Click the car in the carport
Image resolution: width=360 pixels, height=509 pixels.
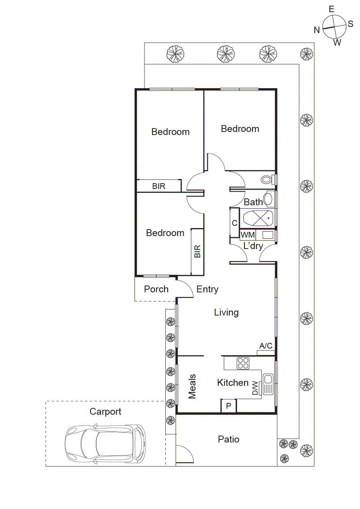click(x=105, y=444)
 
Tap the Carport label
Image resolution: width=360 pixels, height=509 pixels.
click(x=105, y=412)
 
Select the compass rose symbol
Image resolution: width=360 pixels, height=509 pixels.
click(x=334, y=27)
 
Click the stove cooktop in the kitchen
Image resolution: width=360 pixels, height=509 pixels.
click(x=243, y=363)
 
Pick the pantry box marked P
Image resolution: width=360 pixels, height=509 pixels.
click(x=228, y=406)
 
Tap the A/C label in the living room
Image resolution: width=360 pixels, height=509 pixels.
click(x=266, y=346)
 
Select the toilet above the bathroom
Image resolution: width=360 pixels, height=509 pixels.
click(x=267, y=179)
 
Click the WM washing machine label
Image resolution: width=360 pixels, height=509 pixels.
click(x=248, y=235)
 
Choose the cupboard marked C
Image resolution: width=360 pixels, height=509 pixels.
click(x=235, y=223)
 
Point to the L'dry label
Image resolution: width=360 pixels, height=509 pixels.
click(x=253, y=246)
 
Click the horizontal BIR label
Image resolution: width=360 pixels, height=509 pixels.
click(x=159, y=186)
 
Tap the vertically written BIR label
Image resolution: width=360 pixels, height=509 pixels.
click(x=197, y=252)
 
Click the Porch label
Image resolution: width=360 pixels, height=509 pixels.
click(x=156, y=289)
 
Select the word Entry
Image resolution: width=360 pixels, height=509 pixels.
click(x=207, y=289)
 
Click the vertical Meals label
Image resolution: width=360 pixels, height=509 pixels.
click(x=192, y=386)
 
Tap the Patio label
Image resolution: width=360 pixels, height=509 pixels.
click(x=228, y=439)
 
